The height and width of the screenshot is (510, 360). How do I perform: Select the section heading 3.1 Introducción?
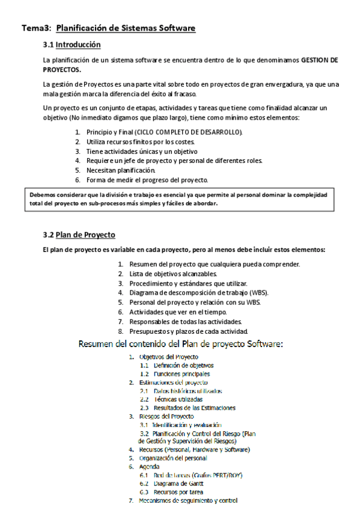point(72,45)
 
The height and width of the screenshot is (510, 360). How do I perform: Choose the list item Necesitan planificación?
point(116,170)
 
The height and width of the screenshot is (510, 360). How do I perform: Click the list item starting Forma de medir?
point(147,180)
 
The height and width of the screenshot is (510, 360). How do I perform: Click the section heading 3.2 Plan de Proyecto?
point(79,235)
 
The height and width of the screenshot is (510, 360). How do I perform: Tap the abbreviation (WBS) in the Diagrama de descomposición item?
point(257,293)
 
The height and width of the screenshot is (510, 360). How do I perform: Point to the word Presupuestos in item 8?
point(151,331)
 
